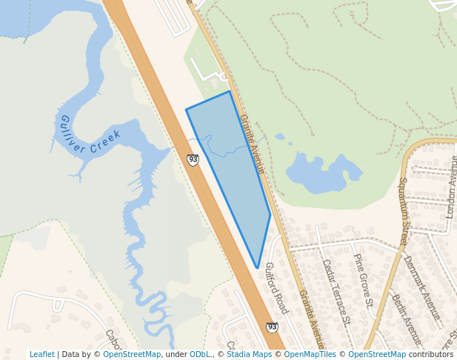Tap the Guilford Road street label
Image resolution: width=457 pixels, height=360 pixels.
click(x=276, y=287)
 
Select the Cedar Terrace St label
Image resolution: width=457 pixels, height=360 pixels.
click(x=335, y=292)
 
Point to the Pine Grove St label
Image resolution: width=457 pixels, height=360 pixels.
click(x=363, y=280)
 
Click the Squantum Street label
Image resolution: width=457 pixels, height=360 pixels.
click(x=404, y=211)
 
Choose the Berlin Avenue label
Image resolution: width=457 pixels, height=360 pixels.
click(x=407, y=319)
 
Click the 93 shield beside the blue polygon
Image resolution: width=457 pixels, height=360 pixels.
click(x=193, y=159)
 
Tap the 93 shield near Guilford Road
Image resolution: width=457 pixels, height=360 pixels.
click(x=272, y=327)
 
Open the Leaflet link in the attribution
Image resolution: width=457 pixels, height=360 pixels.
click(x=41, y=355)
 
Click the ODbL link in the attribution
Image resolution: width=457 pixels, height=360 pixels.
click(x=200, y=355)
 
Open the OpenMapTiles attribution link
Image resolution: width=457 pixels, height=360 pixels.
click(x=310, y=355)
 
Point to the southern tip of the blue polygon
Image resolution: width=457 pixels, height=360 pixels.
click(x=257, y=267)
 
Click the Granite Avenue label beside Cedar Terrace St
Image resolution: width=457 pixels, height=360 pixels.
click(x=311, y=319)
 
